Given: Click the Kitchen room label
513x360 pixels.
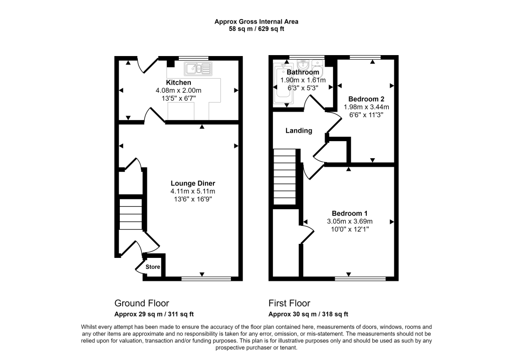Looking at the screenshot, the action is pos(178,83).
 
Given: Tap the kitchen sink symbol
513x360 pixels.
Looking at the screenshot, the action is pos(198,69).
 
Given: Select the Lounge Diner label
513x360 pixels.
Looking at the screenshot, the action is pos(193,183).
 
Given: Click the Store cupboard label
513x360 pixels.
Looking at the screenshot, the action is pos(153,267).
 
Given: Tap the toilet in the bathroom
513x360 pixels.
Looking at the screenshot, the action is pos(318,68).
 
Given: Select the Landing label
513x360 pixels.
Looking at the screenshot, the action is pos(299,131).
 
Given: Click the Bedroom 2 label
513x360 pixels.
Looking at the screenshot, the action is pos(366,99).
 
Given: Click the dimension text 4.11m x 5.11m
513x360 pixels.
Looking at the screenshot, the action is pos(193,191).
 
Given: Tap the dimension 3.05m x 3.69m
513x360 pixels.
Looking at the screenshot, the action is pos(350,221).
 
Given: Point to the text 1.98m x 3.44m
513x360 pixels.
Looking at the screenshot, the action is pos(366,107).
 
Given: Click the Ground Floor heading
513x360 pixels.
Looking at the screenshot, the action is pos(142,303).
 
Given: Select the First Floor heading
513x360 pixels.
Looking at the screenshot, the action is pos(289,303).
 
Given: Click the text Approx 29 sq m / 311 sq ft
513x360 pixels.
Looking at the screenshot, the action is pos(154,314).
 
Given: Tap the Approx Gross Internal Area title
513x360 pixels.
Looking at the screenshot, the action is pos(256,22).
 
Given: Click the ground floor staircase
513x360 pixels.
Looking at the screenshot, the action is pos(131,214).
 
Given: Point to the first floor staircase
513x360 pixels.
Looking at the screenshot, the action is pos(285,177).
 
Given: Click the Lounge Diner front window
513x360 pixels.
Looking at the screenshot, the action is pos(206,278).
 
